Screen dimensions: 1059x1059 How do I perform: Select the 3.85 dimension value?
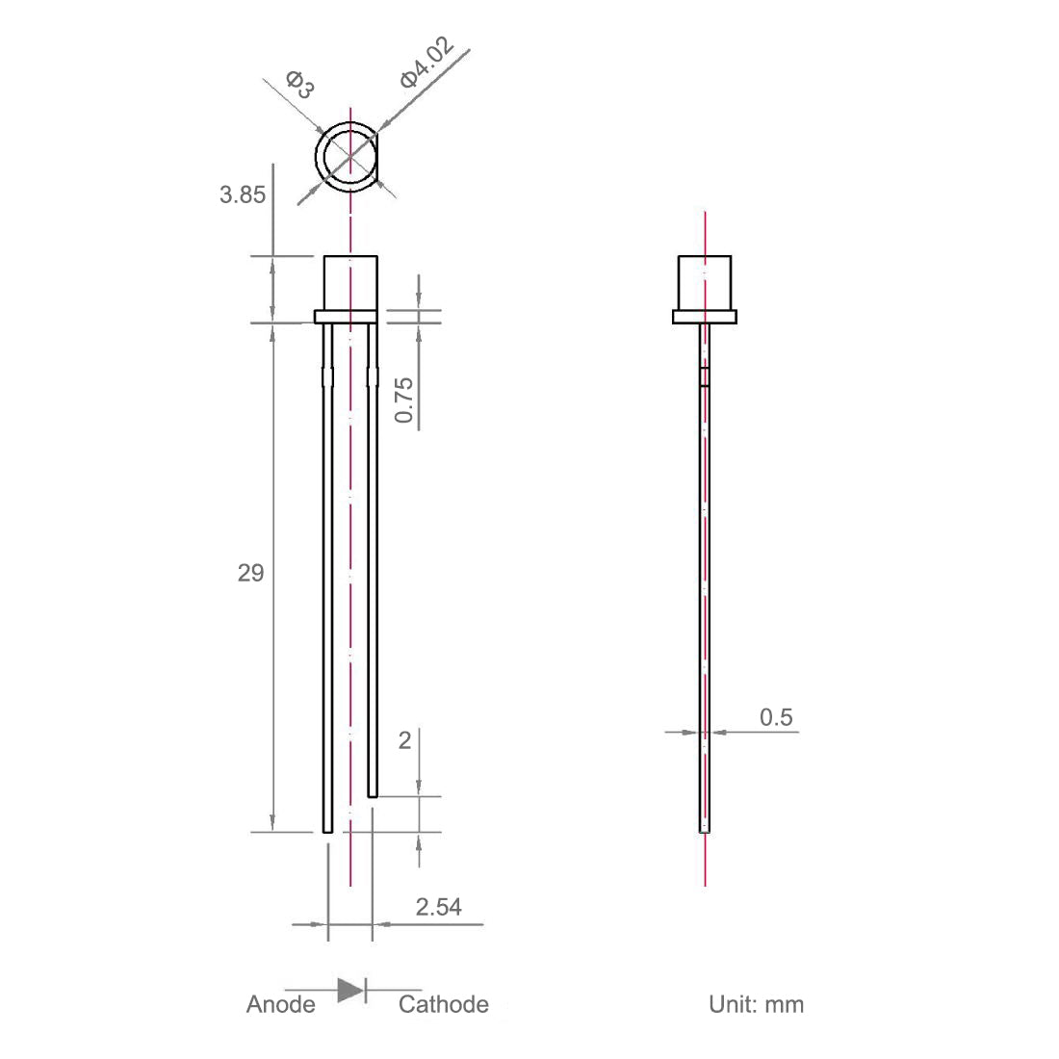click(x=242, y=194)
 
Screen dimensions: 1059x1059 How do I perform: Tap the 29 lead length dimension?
click(x=250, y=574)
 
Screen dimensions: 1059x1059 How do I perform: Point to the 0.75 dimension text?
click(x=405, y=399)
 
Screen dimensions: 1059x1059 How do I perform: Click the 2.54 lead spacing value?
click(x=438, y=906)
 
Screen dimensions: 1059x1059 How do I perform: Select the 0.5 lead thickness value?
click(x=776, y=716)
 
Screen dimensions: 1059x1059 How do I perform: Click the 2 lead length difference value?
click(x=404, y=739)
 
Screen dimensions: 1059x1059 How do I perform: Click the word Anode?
click(x=280, y=1005)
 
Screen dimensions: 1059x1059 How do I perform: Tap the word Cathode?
click(x=443, y=1005)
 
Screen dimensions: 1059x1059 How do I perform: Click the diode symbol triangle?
click(x=349, y=990)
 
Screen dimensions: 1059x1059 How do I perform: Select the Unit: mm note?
click(x=756, y=1005)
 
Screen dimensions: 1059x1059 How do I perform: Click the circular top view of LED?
click(x=349, y=157)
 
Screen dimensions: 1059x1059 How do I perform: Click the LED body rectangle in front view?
click(x=349, y=282)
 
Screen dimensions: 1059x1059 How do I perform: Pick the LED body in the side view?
click(x=705, y=282)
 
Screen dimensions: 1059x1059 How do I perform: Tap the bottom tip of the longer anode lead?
click(x=327, y=829)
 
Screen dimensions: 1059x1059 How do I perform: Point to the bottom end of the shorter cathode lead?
click(x=373, y=794)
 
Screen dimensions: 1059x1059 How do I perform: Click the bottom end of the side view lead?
click(x=704, y=829)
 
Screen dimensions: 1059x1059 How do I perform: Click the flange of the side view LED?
click(x=705, y=316)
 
